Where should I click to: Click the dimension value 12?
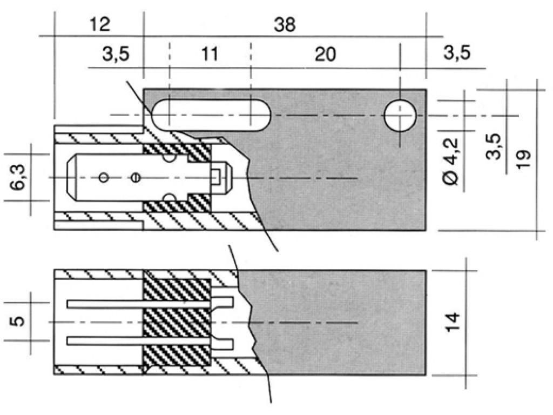coord(100,25)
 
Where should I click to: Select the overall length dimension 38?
coord(285,25)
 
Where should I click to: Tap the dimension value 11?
coord(210,55)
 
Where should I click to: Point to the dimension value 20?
coord(325,55)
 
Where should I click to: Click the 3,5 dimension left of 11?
coord(116,55)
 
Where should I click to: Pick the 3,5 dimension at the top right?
coord(457,52)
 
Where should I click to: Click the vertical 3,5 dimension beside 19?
coord(494,146)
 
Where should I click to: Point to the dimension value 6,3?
coord(18,177)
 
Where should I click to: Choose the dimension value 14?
coord(453,322)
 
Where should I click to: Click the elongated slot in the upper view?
coord(211,115)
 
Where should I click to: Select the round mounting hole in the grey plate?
coord(400,116)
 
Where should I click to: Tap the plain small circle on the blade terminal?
coord(103,177)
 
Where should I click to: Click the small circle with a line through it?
coord(136,177)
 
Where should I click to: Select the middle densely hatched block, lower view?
coord(177,323)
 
